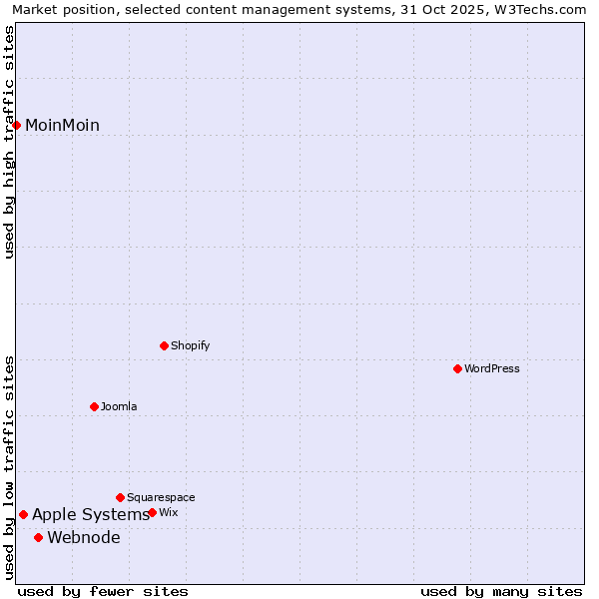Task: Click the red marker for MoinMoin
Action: click(17, 125)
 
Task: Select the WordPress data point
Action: click(458, 368)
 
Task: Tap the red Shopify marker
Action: click(165, 345)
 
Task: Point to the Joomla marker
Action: click(95, 406)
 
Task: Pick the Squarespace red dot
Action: click(121, 497)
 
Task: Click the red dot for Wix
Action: click(153, 512)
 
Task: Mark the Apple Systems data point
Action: click(24, 515)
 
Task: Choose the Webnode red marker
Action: click(39, 537)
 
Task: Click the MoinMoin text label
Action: click(62, 125)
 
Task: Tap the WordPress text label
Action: click(492, 368)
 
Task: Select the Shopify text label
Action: click(191, 345)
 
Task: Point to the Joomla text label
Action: click(119, 406)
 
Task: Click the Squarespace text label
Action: click(161, 497)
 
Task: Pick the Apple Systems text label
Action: click(90, 515)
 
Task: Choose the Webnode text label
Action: click(84, 537)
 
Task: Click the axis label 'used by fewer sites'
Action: click(103, 591)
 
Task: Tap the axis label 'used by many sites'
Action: click(501, 591)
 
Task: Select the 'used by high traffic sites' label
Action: click(10, 142)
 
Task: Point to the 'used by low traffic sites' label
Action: click(10, 467)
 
